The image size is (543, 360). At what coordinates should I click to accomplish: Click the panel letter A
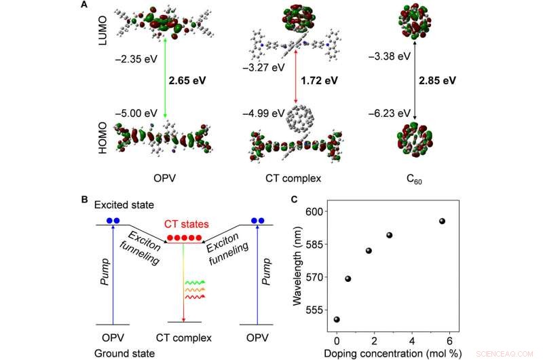point(83,5)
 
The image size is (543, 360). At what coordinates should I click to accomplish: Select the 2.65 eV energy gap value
point(187,79)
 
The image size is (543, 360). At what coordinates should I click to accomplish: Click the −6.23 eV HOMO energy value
point(393,113)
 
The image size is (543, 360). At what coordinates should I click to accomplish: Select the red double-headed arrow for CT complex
point(294,79)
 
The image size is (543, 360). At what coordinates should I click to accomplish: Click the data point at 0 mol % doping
point(337,319)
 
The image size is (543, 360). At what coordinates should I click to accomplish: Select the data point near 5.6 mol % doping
point(442,221)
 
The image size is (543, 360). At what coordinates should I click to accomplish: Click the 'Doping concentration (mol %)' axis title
point(392,353)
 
